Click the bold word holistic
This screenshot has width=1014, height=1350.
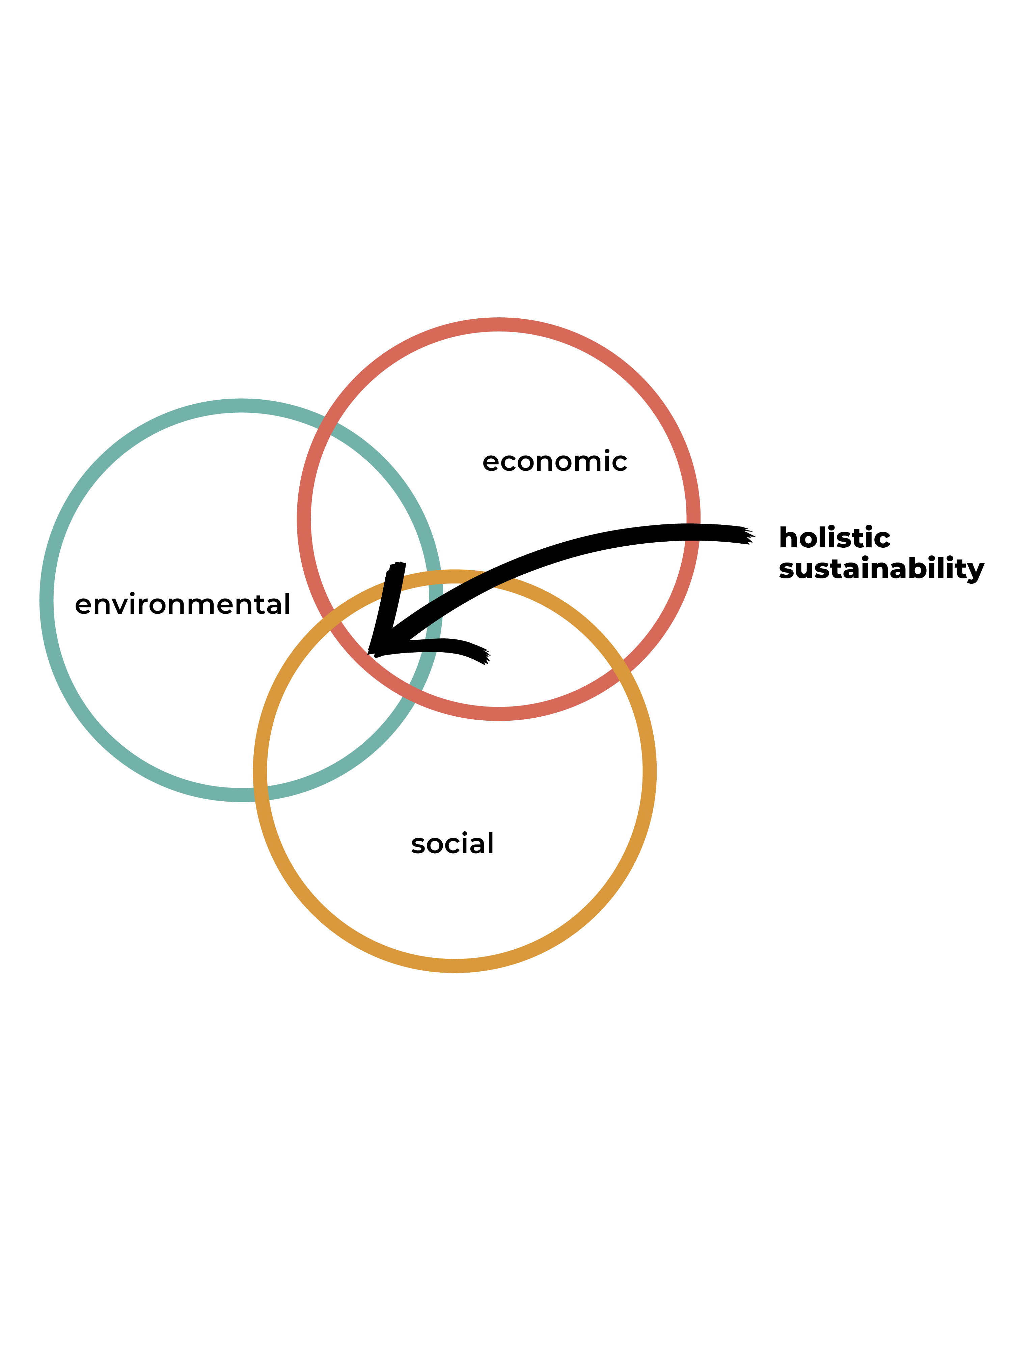point(834,538)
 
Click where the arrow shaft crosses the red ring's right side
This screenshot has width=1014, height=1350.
point(693,532)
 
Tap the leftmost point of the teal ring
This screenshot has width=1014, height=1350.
point(46,601)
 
